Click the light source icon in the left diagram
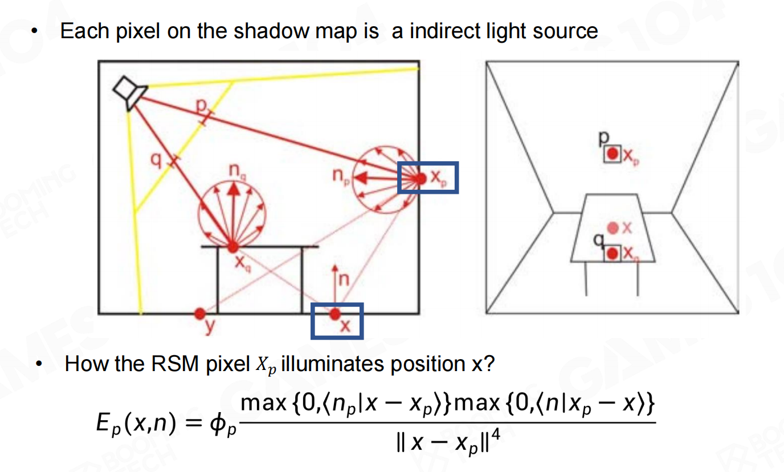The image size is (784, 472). coord(130,92)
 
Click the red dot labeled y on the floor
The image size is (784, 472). coord(199,313)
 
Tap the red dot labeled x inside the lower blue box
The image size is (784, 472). coord(335,314)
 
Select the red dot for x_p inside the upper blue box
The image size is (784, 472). coord(420,178)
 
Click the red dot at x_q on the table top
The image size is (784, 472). coord(232,247)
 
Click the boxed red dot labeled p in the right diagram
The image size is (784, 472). coord(613,154)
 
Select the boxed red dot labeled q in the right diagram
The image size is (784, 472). coord(612,253)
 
